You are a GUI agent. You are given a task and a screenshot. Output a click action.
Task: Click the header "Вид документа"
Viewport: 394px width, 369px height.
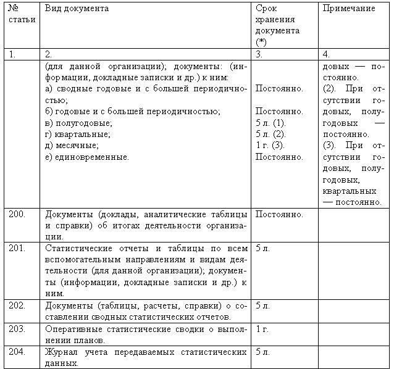[77, 9]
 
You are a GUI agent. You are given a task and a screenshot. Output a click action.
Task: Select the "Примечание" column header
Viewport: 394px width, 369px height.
[348, 9]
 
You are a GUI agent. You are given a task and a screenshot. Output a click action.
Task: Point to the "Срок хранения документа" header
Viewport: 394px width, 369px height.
[277, 25]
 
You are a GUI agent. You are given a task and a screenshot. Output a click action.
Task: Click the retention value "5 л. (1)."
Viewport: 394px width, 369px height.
[270, 123]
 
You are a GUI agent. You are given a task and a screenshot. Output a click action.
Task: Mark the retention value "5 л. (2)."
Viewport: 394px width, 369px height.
[270, 134]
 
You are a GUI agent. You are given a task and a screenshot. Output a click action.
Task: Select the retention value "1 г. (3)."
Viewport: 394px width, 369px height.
[270, 145]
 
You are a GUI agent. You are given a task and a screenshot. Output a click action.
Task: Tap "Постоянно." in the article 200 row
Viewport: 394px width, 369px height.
[279, 214]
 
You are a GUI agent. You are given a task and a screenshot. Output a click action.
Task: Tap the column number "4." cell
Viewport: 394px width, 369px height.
[325, 54]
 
